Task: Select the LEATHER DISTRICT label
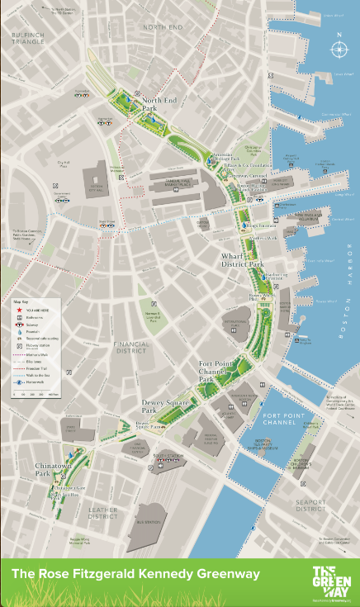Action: pyautogui.click(x=102, y=514)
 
